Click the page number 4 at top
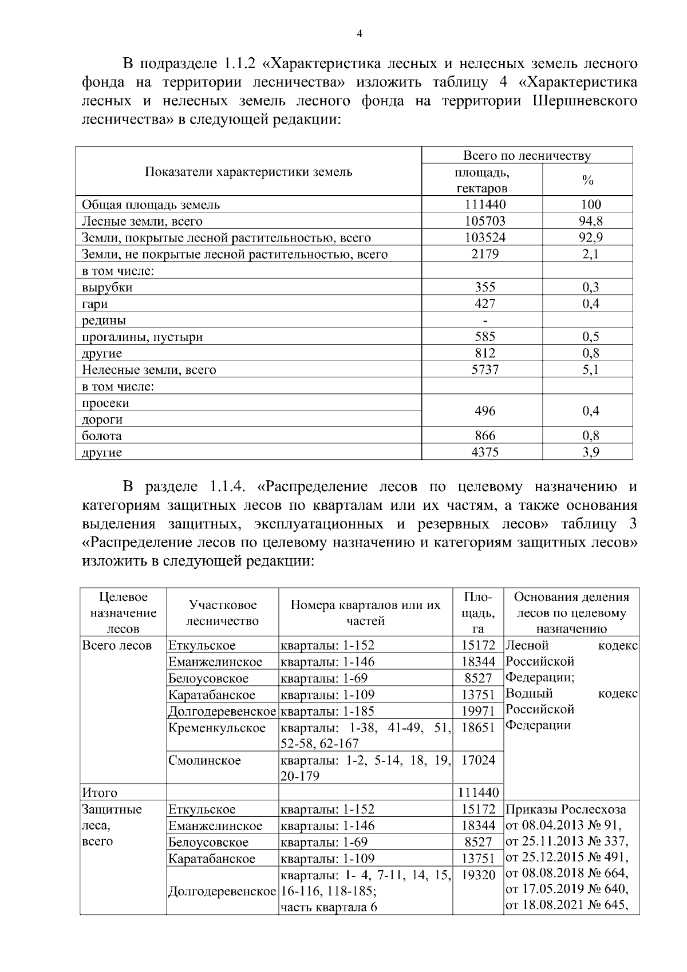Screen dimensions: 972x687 pyautogui.click(x=359, y=34)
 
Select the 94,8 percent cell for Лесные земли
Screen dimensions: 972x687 pyautogui.click(x=590, y=221)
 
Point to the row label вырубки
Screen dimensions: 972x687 pyautogui.click(x=107, y=287)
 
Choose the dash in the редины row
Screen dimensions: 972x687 pyautogui.click(x=485, y=320)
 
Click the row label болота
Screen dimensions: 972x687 pyautogui.click(x=102, y=436)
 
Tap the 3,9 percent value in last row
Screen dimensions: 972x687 pyautogui.click(x=590, y=452)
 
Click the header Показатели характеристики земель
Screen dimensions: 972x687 pyautogui.click(x=248, y=172)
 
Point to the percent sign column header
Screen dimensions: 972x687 pyautogui.click(x=587, y=180)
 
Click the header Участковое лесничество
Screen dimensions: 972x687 pyautogui.click(x=223, y=613)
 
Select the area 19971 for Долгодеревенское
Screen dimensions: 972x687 pyautogui.click(x=478, y=711)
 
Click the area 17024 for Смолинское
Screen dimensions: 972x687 pyautogui.click(x=478, y=760)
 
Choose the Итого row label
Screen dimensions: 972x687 pyautogui.click(x=100, y=793)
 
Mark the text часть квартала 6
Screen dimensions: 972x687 pyautogui.click(x=329, y=907)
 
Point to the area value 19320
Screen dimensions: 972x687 pyautogui.click(x=478, y=875)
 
